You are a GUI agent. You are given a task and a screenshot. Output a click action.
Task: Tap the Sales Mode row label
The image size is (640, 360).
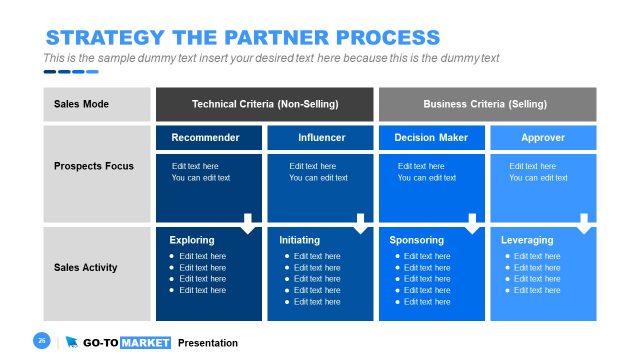[x=81, y=104]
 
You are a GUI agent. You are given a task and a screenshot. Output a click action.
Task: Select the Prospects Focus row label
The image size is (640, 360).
[x=92, y=165]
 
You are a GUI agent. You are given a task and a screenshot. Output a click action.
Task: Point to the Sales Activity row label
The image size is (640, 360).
[x=86, y=268]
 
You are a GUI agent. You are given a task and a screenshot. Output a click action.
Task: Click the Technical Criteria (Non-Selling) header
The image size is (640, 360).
[x=265, y=104]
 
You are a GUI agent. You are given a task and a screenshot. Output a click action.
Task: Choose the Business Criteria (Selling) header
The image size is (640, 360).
[x=485, y=104]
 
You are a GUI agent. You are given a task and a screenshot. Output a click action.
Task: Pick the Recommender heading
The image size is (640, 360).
[x=205, y=137]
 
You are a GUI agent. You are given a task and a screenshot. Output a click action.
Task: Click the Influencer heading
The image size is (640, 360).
[x=322, y=137]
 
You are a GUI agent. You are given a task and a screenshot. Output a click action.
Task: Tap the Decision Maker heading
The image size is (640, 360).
[x=431, y=137]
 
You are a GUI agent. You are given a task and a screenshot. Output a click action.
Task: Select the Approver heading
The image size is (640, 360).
[x=543, y=137]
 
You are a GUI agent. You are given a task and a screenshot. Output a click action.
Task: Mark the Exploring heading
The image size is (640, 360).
[x=191, y=240]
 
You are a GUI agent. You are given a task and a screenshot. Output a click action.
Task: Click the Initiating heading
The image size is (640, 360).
[x=300, y=240]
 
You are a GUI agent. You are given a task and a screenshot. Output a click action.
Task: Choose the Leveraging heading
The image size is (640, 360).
[x=527, y=240]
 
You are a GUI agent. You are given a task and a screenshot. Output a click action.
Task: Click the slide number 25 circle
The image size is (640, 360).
[x=42, y=342]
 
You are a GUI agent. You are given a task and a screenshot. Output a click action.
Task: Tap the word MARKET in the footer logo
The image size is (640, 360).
[x=146, y=343]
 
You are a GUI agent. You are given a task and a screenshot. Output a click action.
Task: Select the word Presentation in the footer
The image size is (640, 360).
[x=208, y=343]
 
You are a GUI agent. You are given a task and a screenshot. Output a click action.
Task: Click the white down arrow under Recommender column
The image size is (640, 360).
[x=248, y=223]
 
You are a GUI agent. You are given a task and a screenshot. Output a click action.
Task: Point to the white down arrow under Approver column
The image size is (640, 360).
[x=584, y=223]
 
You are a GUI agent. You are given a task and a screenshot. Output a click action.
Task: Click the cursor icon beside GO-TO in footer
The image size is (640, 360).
[x=72, y=343]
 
